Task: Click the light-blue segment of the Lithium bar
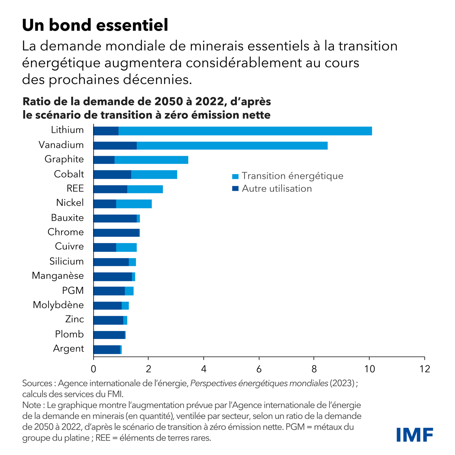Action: (x=245, y=131)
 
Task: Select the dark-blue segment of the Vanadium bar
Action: (x=115, y=146)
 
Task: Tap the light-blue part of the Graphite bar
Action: (x=151, y=160)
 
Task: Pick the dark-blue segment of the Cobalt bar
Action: (x=112, y=175)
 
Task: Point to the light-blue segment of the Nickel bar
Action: (x=134, y=204)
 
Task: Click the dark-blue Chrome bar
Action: (x=116, y=233)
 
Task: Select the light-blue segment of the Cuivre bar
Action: (x=126, y=247)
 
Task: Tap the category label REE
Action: (x=75, y=189)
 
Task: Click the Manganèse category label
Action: (x=58, y=276)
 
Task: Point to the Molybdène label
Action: (x=58, y=305)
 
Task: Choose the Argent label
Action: (x=68, y=348)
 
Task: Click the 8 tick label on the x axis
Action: (x=314, y=369)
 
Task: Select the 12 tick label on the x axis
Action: (x=424, y=369)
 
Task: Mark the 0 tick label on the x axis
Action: (x=93, y=369)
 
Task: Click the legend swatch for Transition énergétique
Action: (x=235, y=176)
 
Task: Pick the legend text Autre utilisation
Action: (x=277, y=188)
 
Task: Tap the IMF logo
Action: (x=414, y=435)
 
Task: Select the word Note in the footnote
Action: (x=31, y=405)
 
